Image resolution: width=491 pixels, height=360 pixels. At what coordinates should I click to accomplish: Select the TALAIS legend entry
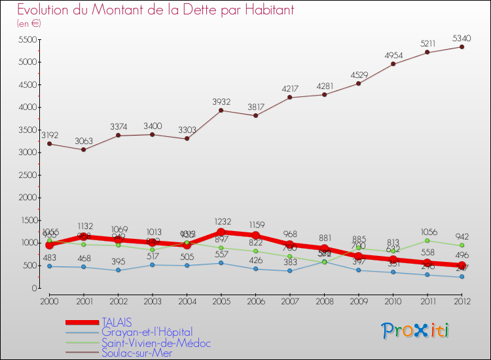tap(116, 322)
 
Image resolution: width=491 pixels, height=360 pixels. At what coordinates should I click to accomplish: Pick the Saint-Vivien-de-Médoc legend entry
tap(156, 343)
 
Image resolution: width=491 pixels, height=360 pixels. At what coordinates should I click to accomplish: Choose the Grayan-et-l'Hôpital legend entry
tap(147, 333)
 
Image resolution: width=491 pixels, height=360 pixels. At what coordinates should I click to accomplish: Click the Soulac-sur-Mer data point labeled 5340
tap(462, 46)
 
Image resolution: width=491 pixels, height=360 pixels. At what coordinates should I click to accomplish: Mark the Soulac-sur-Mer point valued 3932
tap(221, 110)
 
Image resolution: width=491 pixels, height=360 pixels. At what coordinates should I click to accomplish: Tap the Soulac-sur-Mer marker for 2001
tap(83, 149)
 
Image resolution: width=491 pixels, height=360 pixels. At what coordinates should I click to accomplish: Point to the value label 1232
tap(221, 221)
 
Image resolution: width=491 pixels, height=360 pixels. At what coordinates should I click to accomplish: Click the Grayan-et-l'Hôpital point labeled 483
tap(49, 266)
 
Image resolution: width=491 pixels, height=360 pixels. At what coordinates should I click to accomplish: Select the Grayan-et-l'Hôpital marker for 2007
tap(290, 270)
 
